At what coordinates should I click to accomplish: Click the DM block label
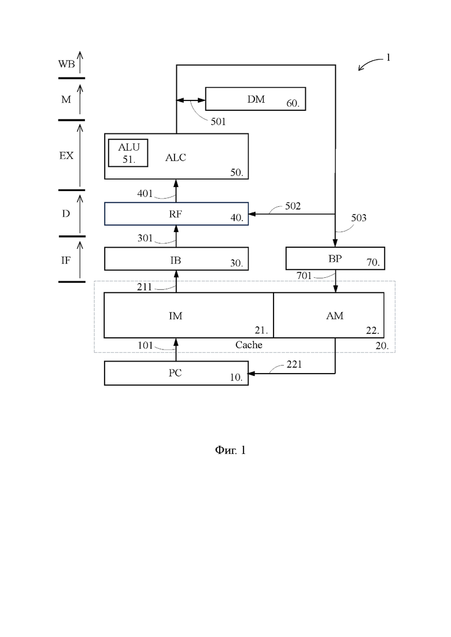pyautogui.click(x=256, y=99)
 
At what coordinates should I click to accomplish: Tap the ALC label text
pyautogui.click(x=176, y=158)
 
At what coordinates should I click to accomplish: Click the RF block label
pyautogui.click(x=175, y=214)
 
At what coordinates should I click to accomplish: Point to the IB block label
pyautogui.click(x=176, y=260)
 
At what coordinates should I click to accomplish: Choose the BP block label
pyautogui.click(x=335, y=258)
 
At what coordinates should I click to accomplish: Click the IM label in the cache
pyautogui.click(x=176, y=316)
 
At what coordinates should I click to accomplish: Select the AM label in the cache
pyautogui.click(x=335, y=316)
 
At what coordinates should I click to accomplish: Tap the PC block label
pyautogui.click(x=175, y=373)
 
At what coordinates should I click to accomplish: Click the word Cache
pyautogui.click(x=249, y=345)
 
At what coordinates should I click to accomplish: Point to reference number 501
pyautogui.click(x=218, y=121)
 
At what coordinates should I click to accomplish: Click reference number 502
pyautogui.click(x=293, y=206)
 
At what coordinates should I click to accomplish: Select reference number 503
pyautogui.click(x=358, y=218)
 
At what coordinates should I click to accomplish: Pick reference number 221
pyautogui.click(x=294, y=364)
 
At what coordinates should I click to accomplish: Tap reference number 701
pyautogui.click(x=304, y=275)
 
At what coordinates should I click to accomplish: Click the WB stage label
pyautogui.click(x=66, y=64)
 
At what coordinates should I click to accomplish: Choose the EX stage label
pyautogui.click(x=66, y=155)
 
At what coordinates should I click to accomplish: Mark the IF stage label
pyautogui.click(x=65, y=260)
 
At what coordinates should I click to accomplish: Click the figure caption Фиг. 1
pyautogui.click(x=230, y=450)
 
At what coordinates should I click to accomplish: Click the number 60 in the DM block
pyautogui.click(x=293, y=103)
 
